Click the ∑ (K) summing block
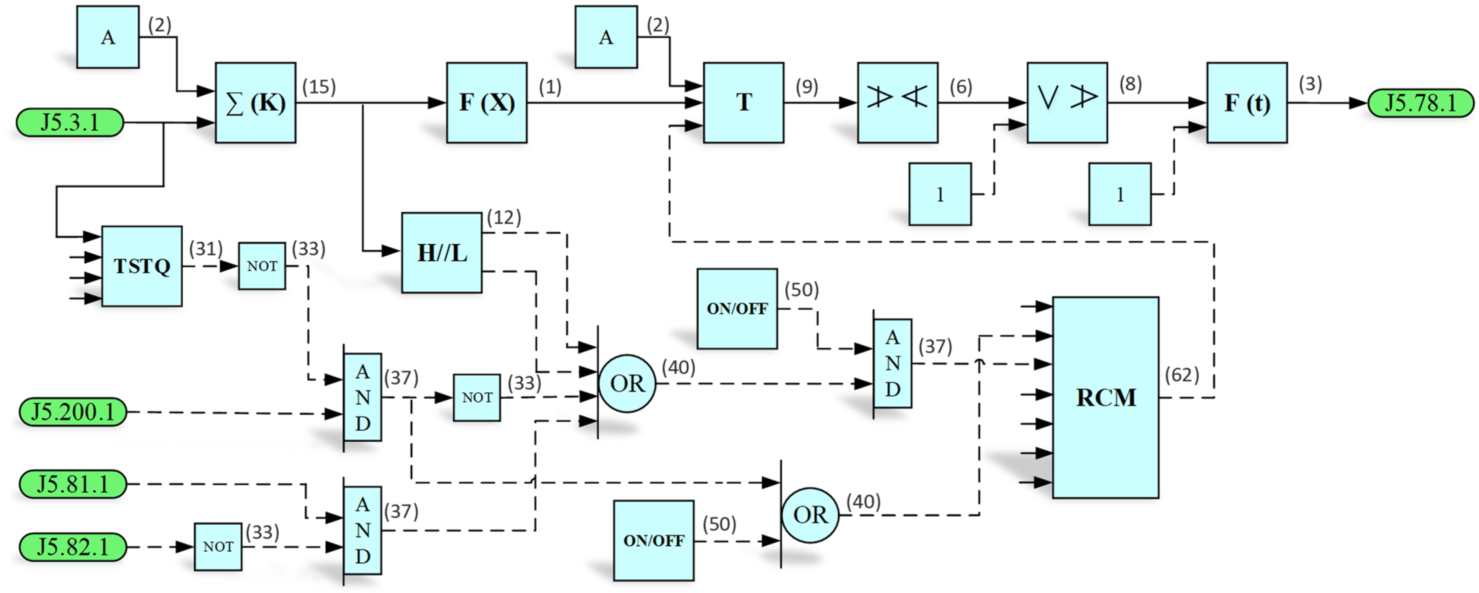pos(256,103)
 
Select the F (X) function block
pos(486,103)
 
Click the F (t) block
pos(1246,103)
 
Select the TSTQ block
pos(142,266)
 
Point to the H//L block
pos(441,253)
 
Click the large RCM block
pos(1105,397)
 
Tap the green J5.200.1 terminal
pos(73,412)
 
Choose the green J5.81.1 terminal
pos(73,484)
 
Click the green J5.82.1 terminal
pos(73,546)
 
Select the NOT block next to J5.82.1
pos(218,546)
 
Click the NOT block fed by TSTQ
pos(262,266)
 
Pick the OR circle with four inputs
pos(627,383)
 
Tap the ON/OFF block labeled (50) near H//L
pos(737,308)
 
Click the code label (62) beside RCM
pos(1182,375)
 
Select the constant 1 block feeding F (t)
pos(1119,194)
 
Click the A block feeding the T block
pos(606,37)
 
